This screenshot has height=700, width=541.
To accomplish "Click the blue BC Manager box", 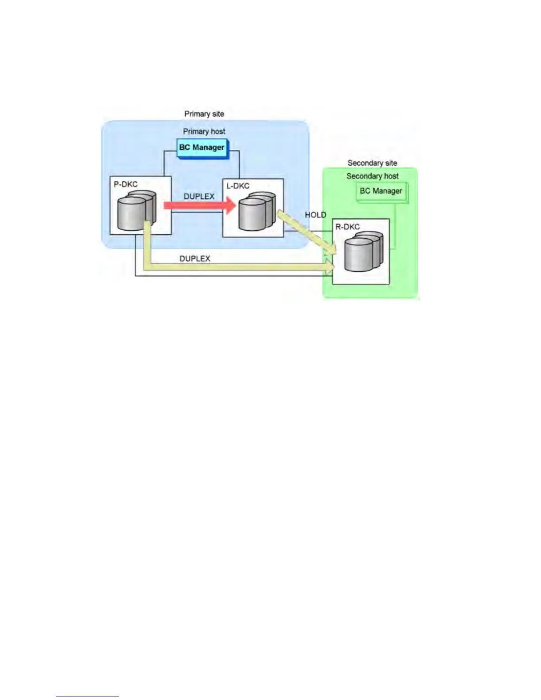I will [x=202, y=148].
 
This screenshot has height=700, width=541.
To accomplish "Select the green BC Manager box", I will [x=381, y=191].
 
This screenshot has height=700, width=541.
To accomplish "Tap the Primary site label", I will [x=204, y=114].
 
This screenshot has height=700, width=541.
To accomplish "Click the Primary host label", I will [x=204, y=131].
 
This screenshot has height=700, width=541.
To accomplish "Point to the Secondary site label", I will [x=372, y=163].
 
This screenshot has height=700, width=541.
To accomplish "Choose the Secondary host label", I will [x=372, y=176].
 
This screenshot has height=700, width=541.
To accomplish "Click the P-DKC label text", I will [x=126, y=184].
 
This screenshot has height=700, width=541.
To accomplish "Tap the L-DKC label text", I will [x=238, y=186].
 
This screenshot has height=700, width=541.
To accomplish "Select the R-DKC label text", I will [x=347, y=227].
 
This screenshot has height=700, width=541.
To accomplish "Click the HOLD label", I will [x=316, y=215].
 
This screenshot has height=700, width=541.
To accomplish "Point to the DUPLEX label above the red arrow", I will [x=199, y=196].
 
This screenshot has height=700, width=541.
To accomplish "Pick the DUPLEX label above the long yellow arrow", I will [x=194, y=259].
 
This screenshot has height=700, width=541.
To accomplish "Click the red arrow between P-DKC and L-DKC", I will [x=199, y=205].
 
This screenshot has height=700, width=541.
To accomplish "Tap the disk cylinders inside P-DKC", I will [x=136, y=211].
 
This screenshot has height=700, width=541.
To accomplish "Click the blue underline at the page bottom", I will [x=87, y=696].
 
